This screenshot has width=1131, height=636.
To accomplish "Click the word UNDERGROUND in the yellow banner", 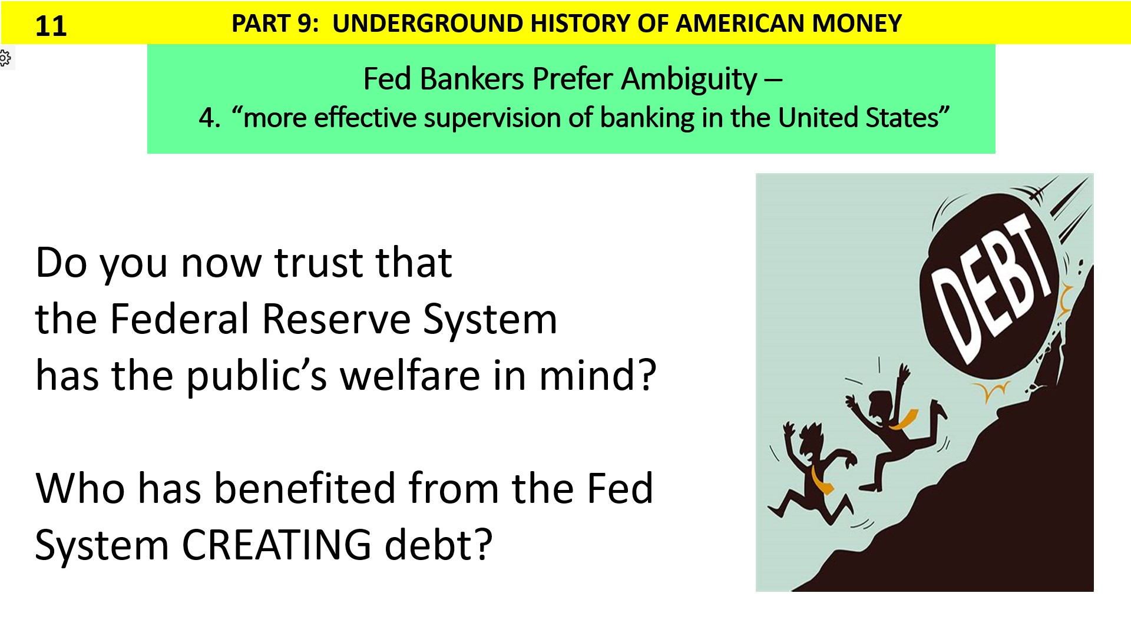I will [428, 24].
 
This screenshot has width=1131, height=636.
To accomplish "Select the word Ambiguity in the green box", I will [689, 79].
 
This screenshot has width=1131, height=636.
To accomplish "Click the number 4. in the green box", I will [209, 118].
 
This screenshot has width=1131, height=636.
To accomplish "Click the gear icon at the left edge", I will [5, 58].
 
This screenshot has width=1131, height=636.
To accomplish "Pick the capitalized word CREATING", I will [276, 545].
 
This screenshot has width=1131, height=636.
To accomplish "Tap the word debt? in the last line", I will [438, 545].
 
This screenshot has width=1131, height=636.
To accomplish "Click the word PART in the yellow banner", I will [259, 24].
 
